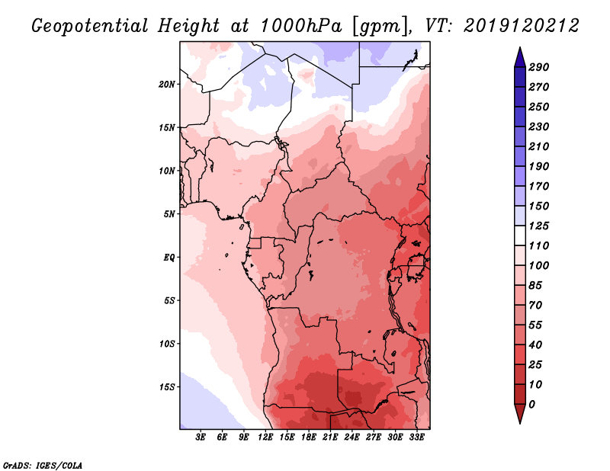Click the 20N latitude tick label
[x=168, y=84]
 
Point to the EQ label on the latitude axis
[x=170, y=257]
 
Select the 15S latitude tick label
[x=168, y=386]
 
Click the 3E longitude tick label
[x=201, y=437]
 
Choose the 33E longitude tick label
[x=417, y=437]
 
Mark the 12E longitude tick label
[x=266, y=437]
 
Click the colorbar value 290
[x=538, y=67]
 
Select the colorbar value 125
[x=538, y=226]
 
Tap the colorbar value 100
[x=538, y=265]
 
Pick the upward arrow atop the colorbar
[x=518, y=56]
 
